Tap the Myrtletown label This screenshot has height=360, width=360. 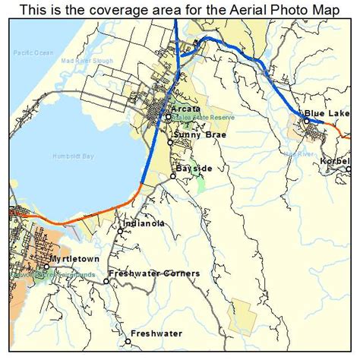74,259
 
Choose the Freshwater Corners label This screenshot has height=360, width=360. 154,273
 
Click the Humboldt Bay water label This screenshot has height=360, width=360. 72,156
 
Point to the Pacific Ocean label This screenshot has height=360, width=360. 34,53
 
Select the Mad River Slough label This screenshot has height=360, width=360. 85,59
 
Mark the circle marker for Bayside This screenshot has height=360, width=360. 173,176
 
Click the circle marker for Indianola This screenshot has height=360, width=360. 120,232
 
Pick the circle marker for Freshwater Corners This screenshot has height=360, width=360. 106,281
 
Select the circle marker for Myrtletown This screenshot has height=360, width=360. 45,267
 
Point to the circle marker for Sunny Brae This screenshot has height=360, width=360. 170,142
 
